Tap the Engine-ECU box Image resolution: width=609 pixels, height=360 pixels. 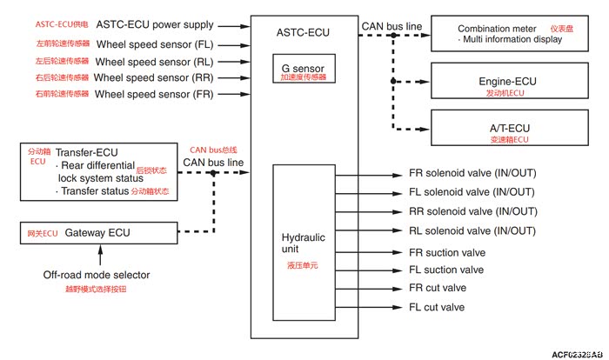pyautogui.click(x=507, y=85)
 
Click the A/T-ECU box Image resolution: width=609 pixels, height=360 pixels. pyautogui.click(x=507, y=131)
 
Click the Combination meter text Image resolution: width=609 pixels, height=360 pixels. pyautogui.click(x=497, y=29)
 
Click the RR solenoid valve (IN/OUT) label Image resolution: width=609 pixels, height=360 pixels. pyautogui.click(x=472, y=211)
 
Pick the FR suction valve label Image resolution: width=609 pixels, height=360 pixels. pyautogui.click(x=446, y=251)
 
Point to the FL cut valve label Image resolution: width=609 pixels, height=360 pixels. pyautogui.click(x=437, y=307)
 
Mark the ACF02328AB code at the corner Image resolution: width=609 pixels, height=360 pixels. pyautogui.click(x=575, y=354)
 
